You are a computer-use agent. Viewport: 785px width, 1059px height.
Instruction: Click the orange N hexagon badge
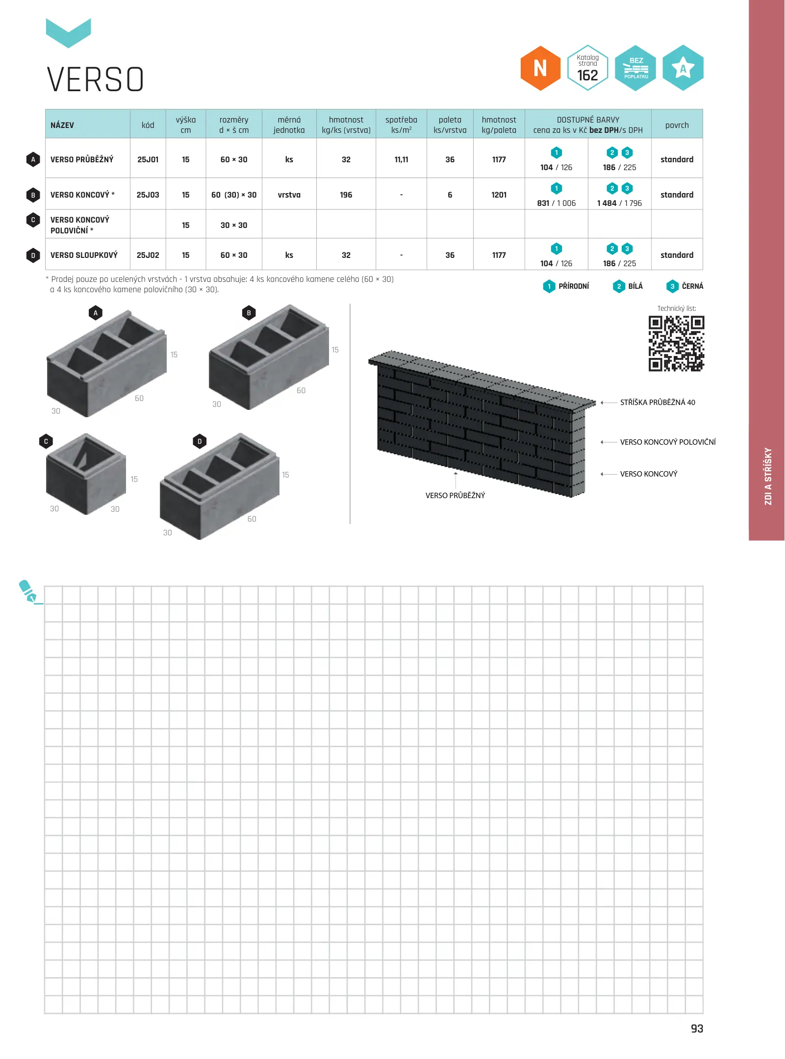(540, 68)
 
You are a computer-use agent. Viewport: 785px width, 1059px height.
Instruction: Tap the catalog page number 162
(587, 76)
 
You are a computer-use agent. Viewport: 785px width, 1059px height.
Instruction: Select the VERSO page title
(96, 79)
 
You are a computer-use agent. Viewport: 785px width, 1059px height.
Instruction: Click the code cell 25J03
(148, 195)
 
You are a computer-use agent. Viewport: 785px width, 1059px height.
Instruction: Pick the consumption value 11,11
(401, 159)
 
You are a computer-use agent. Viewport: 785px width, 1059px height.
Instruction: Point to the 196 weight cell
(346, 195)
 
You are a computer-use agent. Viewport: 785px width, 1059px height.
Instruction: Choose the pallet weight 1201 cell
(499, 195)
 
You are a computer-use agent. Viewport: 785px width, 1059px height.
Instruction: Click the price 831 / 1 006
(557, 203)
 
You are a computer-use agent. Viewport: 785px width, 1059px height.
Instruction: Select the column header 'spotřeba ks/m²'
(401, 125)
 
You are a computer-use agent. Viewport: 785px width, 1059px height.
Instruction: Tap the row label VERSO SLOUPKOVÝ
(84, 255)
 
